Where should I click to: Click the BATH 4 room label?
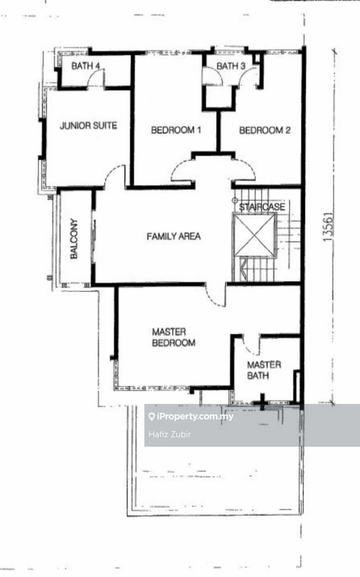[86, 66]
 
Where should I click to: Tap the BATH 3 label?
[231, 66]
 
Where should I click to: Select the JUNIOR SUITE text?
[88, 126]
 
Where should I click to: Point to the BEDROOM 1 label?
[176, 130]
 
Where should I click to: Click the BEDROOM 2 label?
[265, 130]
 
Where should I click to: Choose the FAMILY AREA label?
[174, 236]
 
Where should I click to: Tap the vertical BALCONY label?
[74, 239]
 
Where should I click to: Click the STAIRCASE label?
[262, 207]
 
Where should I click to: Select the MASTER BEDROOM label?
[174, 337]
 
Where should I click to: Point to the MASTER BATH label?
[264, 370]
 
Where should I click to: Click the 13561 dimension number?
[328, 227]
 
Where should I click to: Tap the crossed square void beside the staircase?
[254, 235]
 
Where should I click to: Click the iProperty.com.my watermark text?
[195, 417]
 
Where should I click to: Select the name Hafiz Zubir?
[170, 435]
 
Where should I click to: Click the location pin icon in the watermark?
[152, 417]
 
